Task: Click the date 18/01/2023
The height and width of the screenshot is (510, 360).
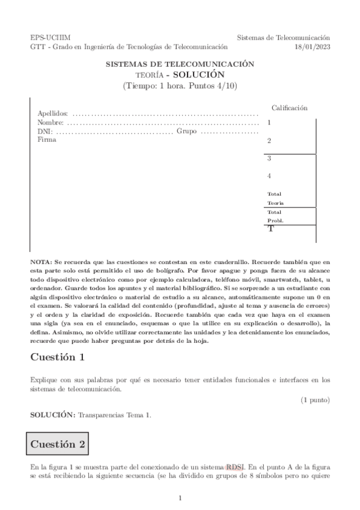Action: point(313,46)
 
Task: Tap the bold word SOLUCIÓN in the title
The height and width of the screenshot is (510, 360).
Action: point(201,75)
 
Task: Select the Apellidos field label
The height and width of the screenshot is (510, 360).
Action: point(52,113)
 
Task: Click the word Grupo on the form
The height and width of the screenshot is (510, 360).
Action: point(187,131)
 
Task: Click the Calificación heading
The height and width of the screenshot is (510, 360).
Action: point(290,108)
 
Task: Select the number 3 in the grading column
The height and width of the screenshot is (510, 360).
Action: point(269,159)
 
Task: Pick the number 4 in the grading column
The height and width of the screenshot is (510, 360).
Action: point(269,176)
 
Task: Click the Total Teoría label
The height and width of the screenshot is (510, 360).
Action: point(275,198)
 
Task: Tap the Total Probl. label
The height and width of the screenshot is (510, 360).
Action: point(275,217)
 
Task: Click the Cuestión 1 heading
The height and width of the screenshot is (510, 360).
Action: point(57,357)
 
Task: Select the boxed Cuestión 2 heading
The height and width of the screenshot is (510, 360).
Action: point(58,445)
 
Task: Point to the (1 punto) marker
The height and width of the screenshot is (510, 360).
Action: point(316,400)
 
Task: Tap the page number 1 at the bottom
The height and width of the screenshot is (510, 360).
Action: point(180,498)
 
